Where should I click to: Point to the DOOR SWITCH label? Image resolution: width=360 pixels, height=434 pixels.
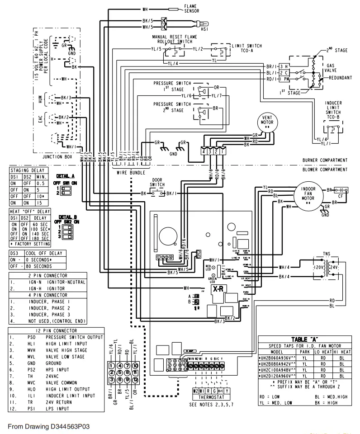click(x=158, y=183)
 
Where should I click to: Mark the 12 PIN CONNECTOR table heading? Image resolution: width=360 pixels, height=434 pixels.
click(x=54, y=331)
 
